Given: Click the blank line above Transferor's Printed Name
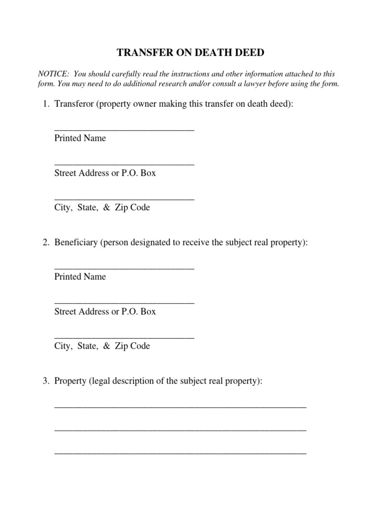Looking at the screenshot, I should [124, 130].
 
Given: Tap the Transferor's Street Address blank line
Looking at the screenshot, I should [124, 165].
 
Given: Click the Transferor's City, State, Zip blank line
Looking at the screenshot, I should [124, 199].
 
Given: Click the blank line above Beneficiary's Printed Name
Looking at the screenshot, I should [124, 268].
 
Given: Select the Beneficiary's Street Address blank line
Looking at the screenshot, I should [124, 303].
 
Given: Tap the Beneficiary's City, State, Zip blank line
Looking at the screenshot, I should [124, 337].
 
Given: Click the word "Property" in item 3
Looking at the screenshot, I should [70, 381].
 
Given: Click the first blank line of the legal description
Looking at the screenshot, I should [180, 407].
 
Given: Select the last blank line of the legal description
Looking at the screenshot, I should [180, 453].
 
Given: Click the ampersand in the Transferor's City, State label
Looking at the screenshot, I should [106, 208].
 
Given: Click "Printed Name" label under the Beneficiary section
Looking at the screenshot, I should [80, 277].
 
